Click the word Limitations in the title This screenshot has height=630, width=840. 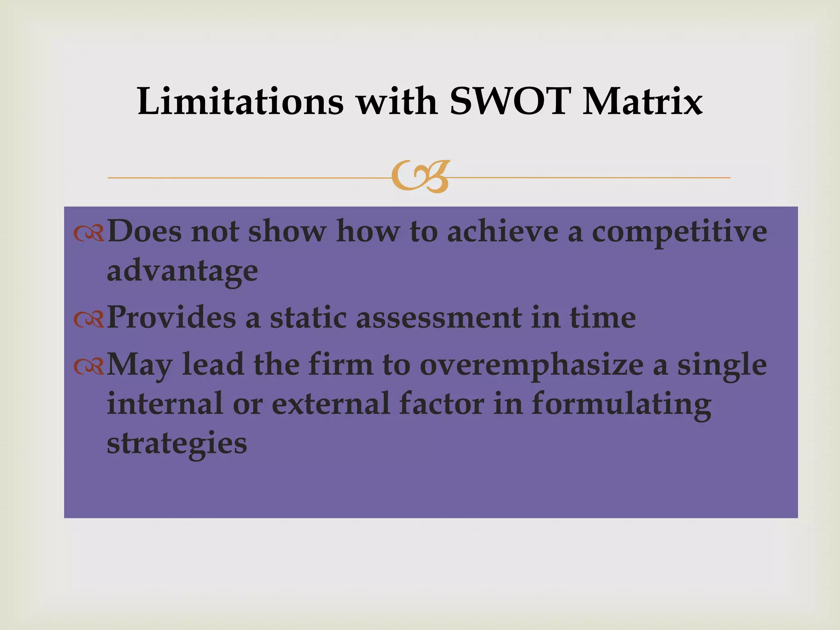pos(240,101)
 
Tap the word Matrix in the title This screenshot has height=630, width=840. pos(642,101)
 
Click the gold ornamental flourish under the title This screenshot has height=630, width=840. pos(420,177)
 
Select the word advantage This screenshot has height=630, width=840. pos(183,272)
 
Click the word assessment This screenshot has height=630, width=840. pos(438,318)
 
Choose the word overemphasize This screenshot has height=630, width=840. pos(532,365)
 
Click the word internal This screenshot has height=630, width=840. pos(165,404)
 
